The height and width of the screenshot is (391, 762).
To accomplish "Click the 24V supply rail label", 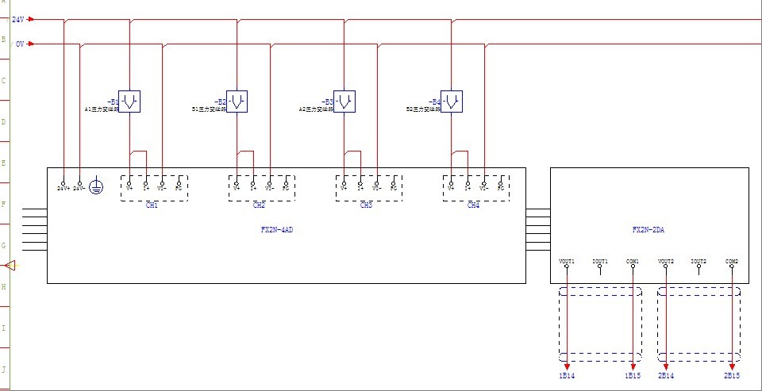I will click(17, 19).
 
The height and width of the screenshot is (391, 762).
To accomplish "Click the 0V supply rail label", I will click(19, 44).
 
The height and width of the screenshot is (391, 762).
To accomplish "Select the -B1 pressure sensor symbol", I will click(129, 101).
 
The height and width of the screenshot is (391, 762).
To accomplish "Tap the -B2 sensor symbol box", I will click(237, 101).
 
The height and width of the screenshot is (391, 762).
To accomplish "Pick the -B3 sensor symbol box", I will click(344, 101).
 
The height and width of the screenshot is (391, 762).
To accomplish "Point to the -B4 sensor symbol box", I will click(452, 101).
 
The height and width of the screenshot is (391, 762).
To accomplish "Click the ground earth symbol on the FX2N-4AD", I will click(95, 188).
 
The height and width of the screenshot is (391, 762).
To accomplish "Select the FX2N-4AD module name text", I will click(283, 230).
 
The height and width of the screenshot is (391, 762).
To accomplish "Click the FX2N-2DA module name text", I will click(648, 230).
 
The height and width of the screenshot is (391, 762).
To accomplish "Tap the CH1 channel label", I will click(152, 205).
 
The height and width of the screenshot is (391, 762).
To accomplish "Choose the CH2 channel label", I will click(259, 205).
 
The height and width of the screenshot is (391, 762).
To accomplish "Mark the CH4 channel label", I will click(473, 205).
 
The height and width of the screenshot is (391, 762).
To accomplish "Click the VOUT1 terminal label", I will click(567, 261).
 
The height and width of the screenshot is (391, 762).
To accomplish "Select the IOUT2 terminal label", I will click(698, 261).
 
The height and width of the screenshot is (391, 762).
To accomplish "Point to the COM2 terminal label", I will click(732, 261).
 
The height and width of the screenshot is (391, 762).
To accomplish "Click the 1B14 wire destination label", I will click(568, 374).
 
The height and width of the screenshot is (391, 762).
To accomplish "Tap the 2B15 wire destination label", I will click(732, 374).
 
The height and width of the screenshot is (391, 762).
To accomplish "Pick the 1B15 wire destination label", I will click(633, 374).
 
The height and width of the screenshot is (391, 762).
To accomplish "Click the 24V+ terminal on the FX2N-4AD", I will click(63, 188).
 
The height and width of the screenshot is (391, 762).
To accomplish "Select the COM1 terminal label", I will click(633, 261).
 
